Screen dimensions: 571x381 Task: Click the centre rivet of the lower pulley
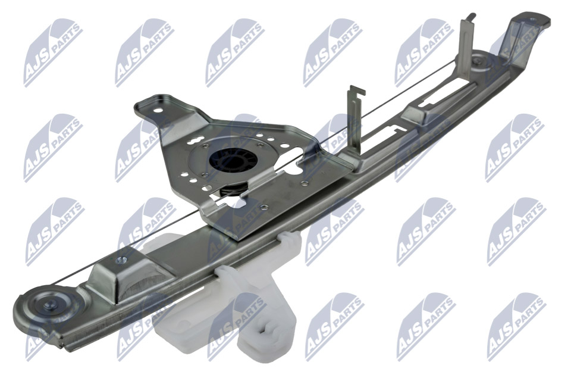[48, 306]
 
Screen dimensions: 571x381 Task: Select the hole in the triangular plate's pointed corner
[157, 111]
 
